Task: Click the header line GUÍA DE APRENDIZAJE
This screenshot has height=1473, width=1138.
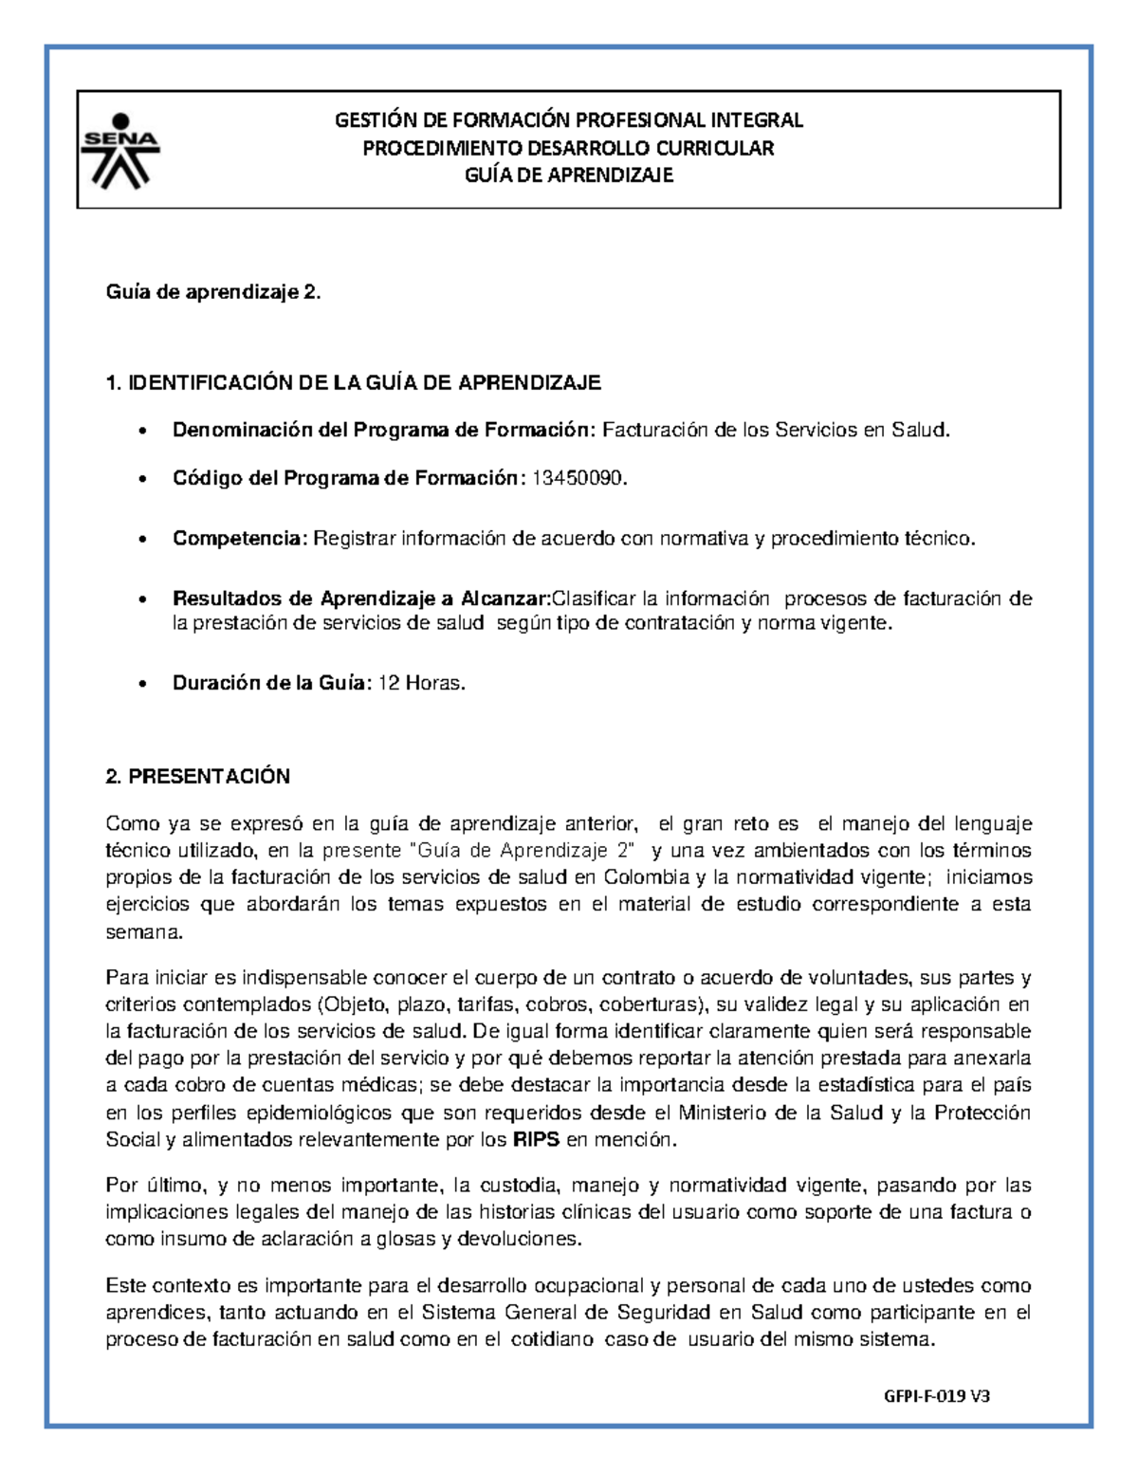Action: [568, 175]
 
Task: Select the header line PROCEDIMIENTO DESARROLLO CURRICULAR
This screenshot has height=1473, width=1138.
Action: [568, 148]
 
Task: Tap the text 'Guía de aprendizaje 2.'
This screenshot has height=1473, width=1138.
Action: [213, 294]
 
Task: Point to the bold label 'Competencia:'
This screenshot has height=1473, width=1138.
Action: [240, 539]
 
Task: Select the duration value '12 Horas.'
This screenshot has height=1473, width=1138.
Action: [422, 683]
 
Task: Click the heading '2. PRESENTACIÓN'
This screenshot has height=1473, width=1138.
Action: [197, 777]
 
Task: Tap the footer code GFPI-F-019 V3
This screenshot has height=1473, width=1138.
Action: [937, 1396]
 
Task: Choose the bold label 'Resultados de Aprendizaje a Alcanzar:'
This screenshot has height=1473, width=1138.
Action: [361, 598]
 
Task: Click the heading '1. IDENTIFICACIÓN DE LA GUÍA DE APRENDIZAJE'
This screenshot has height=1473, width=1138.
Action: [354, 383]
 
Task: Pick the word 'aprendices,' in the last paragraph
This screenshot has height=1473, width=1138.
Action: [156, 1313]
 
